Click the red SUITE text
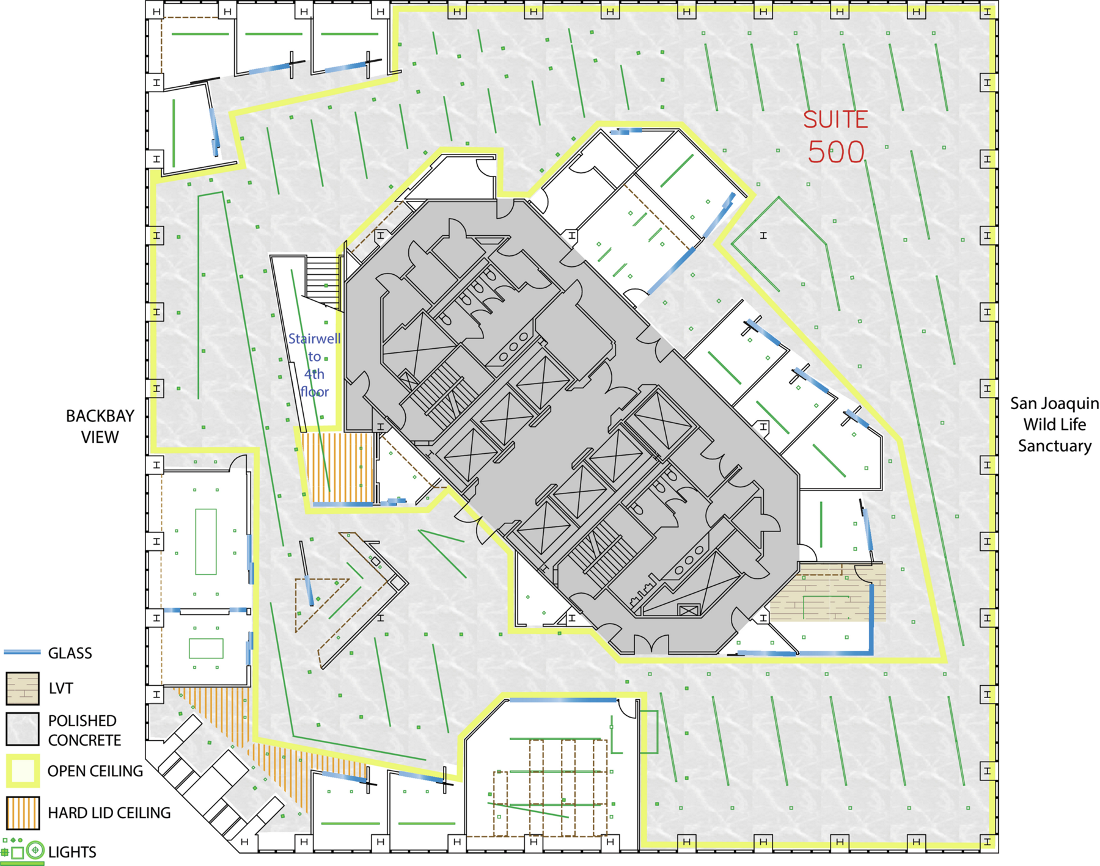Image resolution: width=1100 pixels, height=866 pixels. (835, 120)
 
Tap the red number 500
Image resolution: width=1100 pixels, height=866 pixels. (836, 152)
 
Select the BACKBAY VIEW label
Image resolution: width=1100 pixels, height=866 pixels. (100, 426)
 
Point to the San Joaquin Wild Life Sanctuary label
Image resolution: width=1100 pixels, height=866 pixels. (1054, 424)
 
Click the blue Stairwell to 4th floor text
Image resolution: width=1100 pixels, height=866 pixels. (314, 365)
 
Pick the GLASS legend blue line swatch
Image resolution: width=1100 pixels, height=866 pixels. (22, 652)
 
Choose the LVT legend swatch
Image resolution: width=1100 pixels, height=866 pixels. (23, 688)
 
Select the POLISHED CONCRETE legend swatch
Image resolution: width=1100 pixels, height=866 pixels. (23, 729)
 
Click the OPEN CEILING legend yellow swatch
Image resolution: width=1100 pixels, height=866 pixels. (23, 771)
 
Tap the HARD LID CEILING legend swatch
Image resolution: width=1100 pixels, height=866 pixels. (23, 813)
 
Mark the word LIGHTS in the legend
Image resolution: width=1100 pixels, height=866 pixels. (72, 852)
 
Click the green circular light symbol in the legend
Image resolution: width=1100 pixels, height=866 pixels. (35, 850)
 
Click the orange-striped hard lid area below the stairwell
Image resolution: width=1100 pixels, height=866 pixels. (337, 467)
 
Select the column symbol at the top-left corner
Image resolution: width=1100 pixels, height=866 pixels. (156, 11)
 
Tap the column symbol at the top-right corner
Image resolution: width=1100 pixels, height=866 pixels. (988, 12)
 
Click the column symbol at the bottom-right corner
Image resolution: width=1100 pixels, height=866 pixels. (988, 842)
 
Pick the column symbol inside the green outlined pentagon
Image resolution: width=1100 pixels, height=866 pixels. (763, 235)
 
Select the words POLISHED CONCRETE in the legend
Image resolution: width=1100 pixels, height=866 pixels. (84, 730)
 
